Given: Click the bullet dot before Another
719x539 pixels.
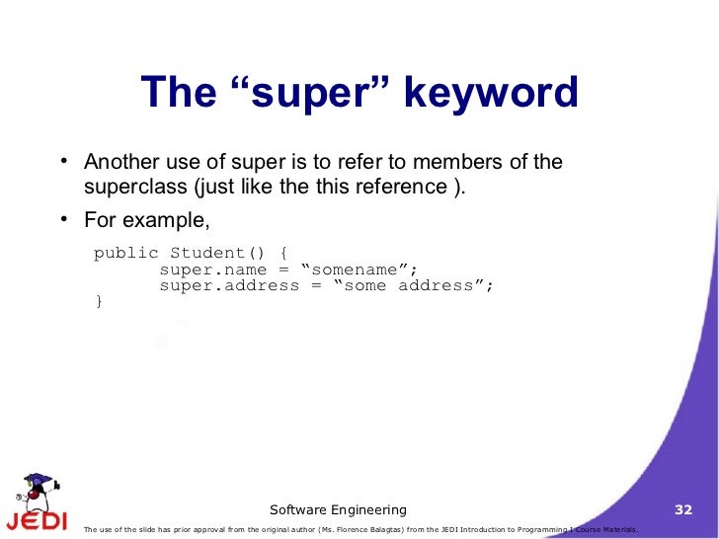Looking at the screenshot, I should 62,160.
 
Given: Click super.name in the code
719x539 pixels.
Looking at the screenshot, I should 207,269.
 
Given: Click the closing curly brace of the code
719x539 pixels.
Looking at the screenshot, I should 98,302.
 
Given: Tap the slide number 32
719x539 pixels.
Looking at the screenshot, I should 682,509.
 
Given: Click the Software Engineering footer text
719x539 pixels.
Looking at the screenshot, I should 338,509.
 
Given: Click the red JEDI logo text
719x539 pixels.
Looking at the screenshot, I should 37,521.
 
